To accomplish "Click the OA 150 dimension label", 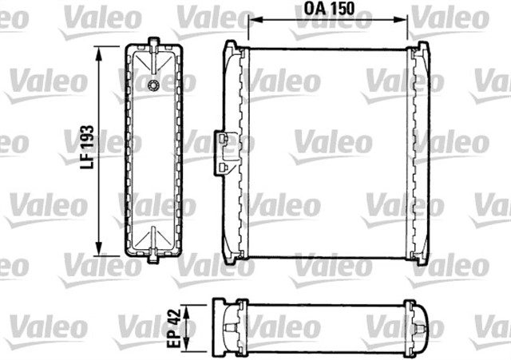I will pos(328,10).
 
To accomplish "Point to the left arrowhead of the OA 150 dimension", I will pos(253,22).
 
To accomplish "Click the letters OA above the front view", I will pos(313,10).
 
